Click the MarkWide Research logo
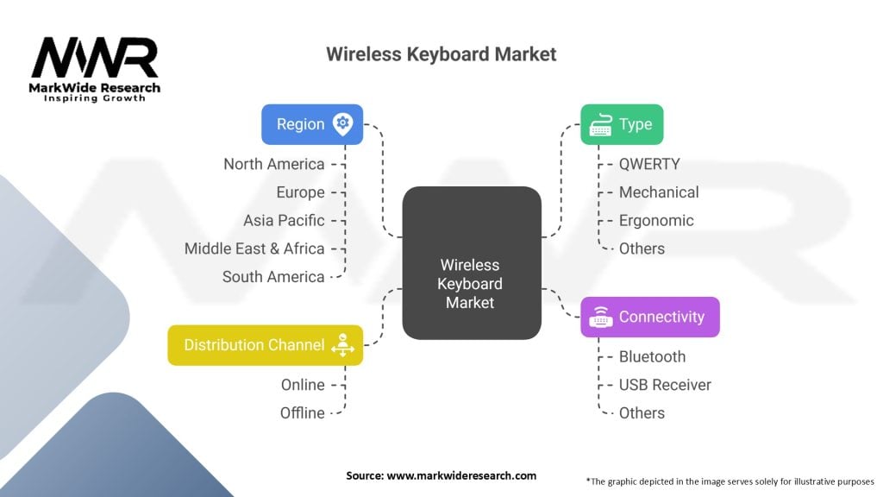tap(95, 69)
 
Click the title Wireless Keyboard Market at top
tap(441, 54)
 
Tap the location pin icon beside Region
tap(343, 124)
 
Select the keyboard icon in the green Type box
tap(601, 125)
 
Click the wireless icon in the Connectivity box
tap(601, 318)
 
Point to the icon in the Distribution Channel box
tap(343, 344)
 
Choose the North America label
tap(274, 164)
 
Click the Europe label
tap(300, 192)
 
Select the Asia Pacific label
tap(284, 220)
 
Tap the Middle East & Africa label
tap(254, 248)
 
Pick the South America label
tap(273, 277)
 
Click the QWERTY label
tap(649, 164)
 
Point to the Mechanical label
tap(659, 192)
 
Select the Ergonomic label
tap(656, 220)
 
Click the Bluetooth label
tap(652, 356)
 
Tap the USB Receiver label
tap(665, 385)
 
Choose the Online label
tap(303, 385)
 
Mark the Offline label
tap(302, 413)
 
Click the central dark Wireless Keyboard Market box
tap(471, 262)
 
